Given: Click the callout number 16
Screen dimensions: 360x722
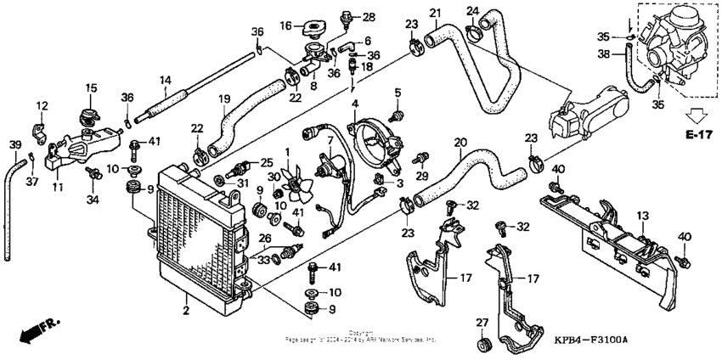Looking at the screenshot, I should point(285,24).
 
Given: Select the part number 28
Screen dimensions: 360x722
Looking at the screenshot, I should point(368,16).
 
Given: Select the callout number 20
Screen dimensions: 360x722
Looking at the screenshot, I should point(460,143).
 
